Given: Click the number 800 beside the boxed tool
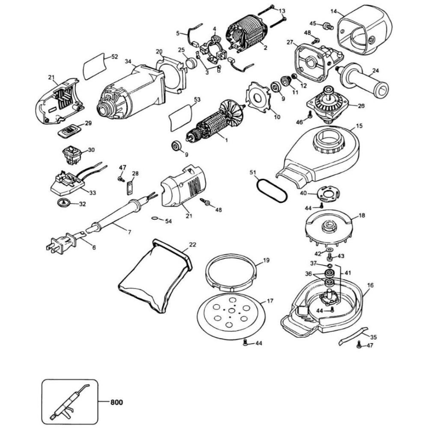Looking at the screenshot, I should pos(116,402).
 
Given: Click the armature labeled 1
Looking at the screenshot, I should pos(214,124).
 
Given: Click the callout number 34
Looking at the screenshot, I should pos(128,62).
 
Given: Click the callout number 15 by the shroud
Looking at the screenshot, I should pos(359,127).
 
